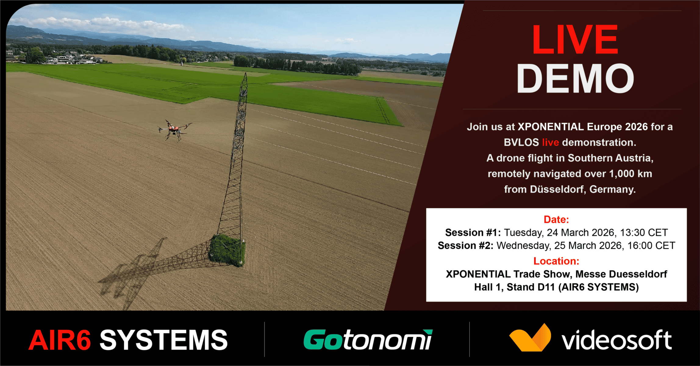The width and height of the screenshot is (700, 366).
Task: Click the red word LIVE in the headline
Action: [x=575, y=40]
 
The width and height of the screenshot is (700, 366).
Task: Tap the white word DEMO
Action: [x=575, y=78]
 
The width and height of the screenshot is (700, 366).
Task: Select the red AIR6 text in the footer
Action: [x=60, y=340]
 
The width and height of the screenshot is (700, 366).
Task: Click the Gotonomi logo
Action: [x=368, y=339]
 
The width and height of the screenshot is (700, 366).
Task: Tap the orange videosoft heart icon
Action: [x=530, y=338]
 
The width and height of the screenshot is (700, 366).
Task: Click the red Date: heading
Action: [x=556, y=219]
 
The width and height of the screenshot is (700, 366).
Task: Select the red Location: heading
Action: [x=556, y=261]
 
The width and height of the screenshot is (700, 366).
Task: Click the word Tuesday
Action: [x=523, y=233]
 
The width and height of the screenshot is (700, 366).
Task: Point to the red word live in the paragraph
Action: [x=550, y=142]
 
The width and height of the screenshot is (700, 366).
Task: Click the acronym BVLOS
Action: [x=521, y=142]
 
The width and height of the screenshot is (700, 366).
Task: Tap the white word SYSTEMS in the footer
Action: [x=164, y=340]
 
